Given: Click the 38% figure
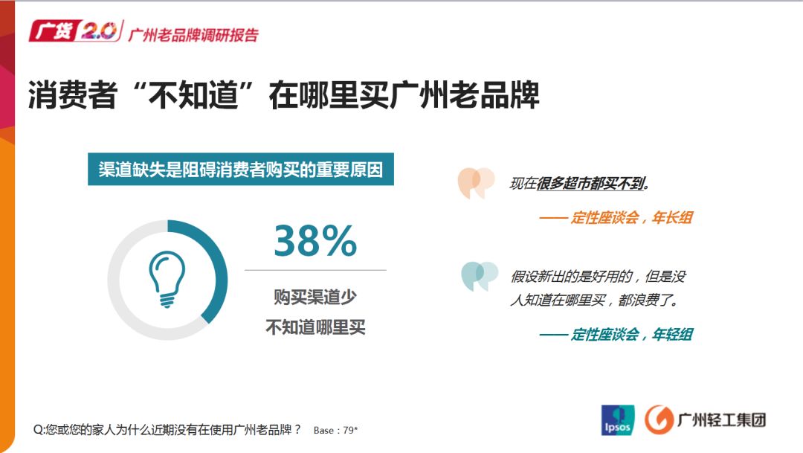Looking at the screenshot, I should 315,241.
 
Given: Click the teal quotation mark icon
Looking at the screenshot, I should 479,275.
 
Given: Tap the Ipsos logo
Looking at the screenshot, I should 617,420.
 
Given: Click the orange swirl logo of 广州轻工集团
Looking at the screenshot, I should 658,420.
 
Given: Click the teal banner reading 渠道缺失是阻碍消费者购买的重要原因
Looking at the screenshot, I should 241,170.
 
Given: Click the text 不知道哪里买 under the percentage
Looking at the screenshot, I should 315,327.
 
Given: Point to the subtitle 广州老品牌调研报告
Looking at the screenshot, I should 193,35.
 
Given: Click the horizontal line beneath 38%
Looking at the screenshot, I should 315,270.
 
